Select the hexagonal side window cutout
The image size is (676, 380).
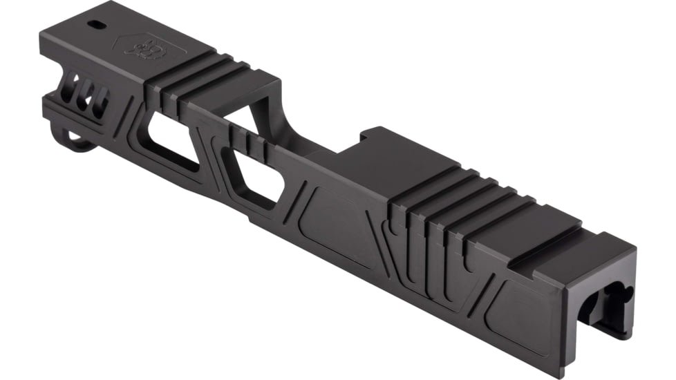(x=252, y=177)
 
